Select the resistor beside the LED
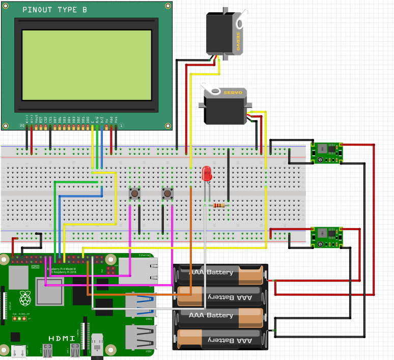pyautogui.click(x=219, y=206)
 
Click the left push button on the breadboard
pyautogui.click(x=134, y=193)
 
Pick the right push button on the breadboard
pyautogui.click(x=167, y=193)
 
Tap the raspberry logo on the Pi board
pyautogui.click(x=25, y=298)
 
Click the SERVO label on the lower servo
pyautogui.click(x=234, y=93)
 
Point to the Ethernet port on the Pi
pyautogui.click(x=145, y=270)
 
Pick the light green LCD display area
pyautogui.click(x=87, y=65)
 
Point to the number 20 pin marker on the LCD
pyautogui.click(x=22, y=125)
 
